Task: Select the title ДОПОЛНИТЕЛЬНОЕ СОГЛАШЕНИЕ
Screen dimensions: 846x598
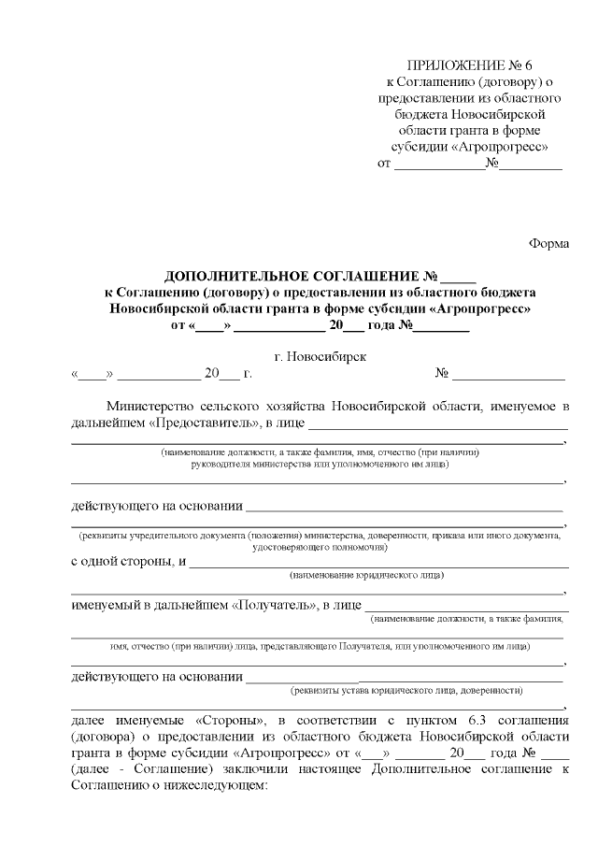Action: pyautogui.click(x=292, y=277)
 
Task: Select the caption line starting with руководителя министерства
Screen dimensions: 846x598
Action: pyautogui.click(x=320, y=463)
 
